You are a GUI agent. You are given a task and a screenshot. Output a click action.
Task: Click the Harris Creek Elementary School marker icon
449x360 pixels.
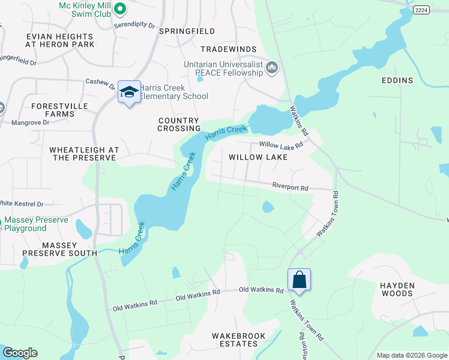pyautogui.click(x=129, y=92)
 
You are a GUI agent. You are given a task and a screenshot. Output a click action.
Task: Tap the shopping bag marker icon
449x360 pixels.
pyautogui.click(x=299, y=280)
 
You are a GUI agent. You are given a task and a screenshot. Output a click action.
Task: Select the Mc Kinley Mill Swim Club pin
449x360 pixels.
pyautogui.click(x=119, y=8)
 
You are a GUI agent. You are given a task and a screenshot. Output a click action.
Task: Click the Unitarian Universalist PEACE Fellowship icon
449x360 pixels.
pyautogui.click(x=271, y=68)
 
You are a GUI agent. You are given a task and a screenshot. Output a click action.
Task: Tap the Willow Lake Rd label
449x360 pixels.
pyautogui.click(x=280, y=145)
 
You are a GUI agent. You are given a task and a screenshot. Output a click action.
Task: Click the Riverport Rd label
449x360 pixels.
pyautogui.click(x=290, y=188)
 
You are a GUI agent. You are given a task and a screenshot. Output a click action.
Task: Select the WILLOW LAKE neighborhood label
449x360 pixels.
pyautogui.click(x=258, y=157)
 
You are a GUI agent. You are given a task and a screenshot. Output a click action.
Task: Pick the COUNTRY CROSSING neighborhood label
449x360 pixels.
pyautogui.click(x=179, y=124)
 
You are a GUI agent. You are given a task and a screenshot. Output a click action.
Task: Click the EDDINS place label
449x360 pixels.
pyautogui.click(x=397, y=80)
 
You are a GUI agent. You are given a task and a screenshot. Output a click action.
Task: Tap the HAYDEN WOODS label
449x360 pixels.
pyautogui.click(x=396, y=289)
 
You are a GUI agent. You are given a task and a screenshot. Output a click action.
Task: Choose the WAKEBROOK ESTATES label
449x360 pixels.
pyautogui.click(x=235, y=340)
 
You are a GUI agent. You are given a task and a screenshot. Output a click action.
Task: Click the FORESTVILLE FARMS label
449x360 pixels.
pyautogui.click(x=59, y=110)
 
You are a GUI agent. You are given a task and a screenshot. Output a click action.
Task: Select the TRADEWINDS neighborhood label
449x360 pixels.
pyautogui.click(x=228, y=49)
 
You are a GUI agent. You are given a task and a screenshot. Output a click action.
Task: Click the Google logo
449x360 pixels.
pyautogui.click(x=20, y=353)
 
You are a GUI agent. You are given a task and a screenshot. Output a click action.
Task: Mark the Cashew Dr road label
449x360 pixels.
pyautogui.click(x=100, y=82)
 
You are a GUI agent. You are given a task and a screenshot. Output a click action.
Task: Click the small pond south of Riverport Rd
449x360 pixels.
pyautogui.click(x=268, y=207)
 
